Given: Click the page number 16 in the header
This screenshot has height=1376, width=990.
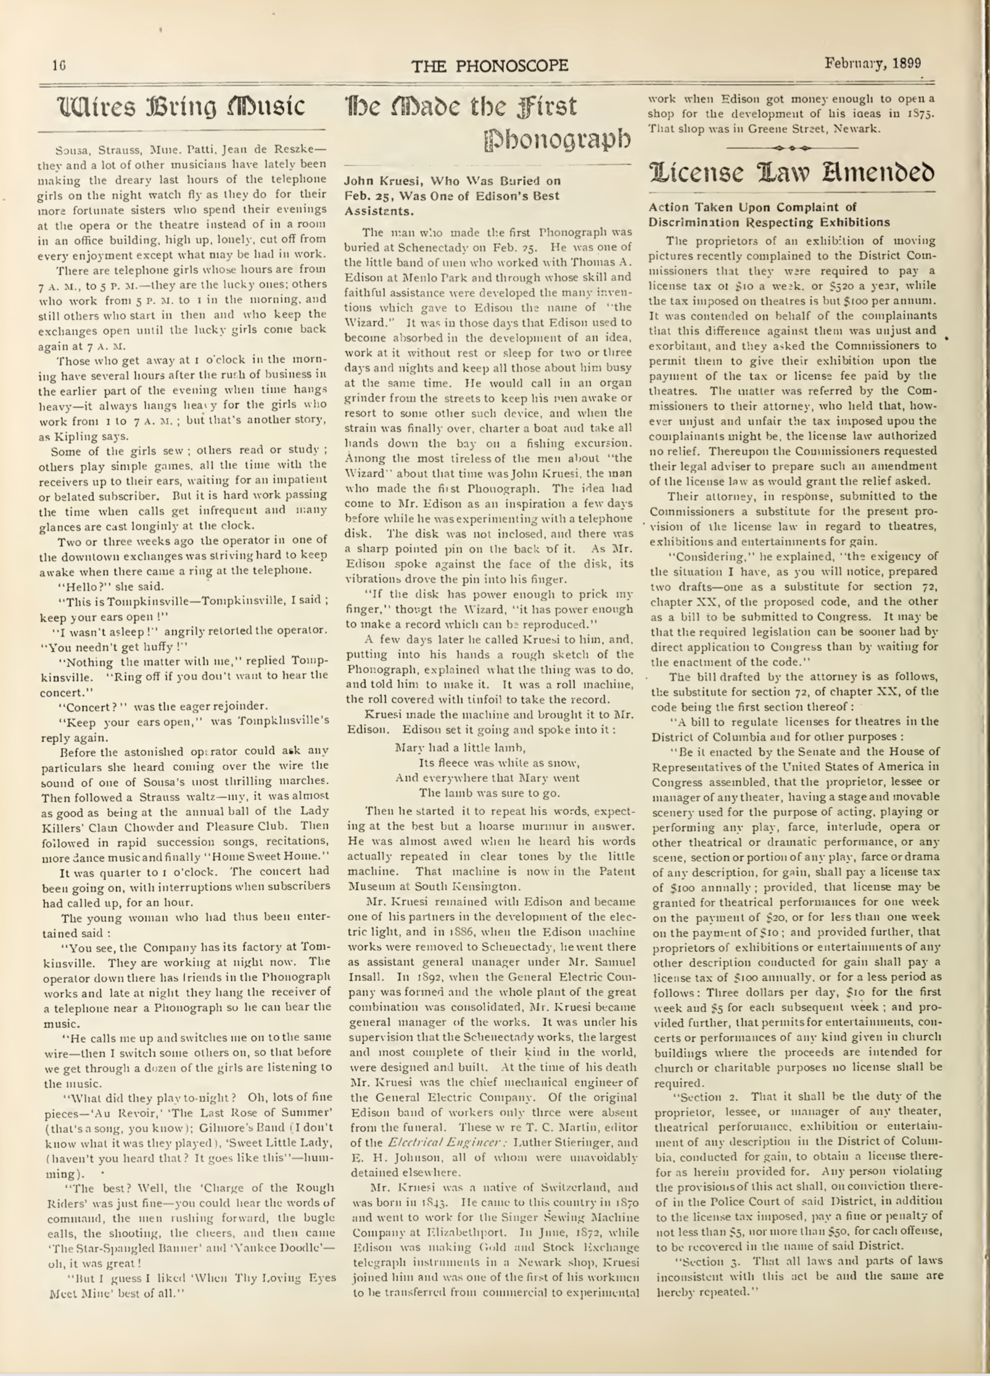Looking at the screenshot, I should click(x=59, y=64).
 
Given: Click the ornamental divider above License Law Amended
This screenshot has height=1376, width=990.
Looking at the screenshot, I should click(x=792, y=148).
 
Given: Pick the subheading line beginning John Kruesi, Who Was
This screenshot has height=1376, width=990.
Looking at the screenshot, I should click(x=452, y=181).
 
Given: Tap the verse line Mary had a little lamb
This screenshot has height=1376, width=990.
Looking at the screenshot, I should click(x=460, y=748).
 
